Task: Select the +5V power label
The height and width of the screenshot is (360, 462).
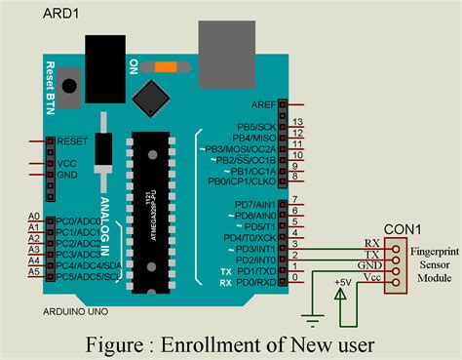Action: point(341,283)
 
